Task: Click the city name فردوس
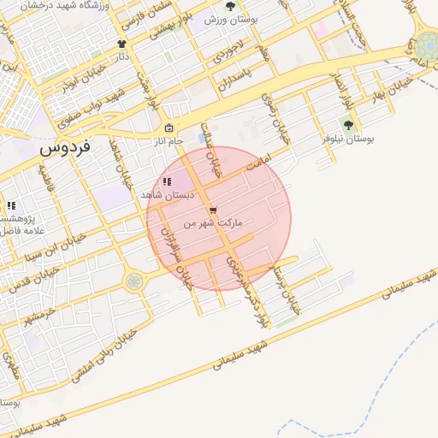[69, 147]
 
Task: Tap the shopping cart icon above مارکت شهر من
[213, 210]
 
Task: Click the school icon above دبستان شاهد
[167, 181]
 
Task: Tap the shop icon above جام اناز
[169, 128]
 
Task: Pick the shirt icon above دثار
[121, 44]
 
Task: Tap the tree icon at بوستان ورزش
[230, 6]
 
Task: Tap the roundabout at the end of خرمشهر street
[133, 281]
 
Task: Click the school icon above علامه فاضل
[11, 205]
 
